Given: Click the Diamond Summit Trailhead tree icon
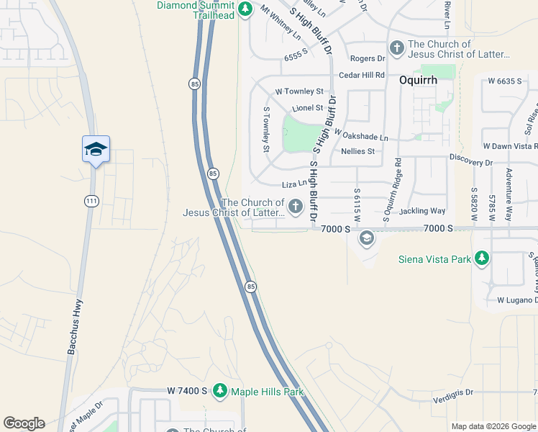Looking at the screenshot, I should pos(245,9).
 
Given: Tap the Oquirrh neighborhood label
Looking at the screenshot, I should pos(419,81).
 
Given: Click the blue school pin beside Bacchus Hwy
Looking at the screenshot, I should pos(96,149).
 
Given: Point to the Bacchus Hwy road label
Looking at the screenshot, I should pos(76,326).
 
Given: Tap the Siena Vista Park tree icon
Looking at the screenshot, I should pos(481,258).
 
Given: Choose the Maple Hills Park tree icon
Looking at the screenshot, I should pos(220,391).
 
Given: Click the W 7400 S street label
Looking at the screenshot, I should pos(187,391).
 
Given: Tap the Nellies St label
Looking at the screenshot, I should pos(358,151).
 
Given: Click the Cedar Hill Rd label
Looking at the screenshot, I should pos(362,75).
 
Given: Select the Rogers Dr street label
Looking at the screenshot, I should pos(368,58).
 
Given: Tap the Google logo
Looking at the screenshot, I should pos(24,423).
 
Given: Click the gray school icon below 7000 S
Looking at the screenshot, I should pos(367,238).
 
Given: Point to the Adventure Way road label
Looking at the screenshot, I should pos(509,194).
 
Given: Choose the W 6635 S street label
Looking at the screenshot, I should pos(504,81).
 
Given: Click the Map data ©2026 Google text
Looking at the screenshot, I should pos(493,426).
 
